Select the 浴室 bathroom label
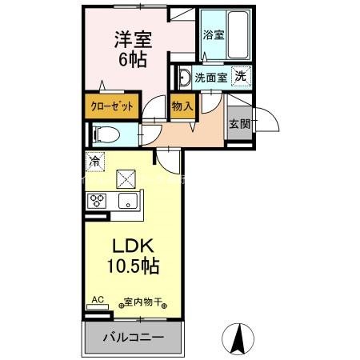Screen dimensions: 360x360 click(213, 35)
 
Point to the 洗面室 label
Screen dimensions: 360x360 click(211, 78)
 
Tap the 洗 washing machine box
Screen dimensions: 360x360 click(238, 77)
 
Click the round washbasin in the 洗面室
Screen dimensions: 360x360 click(182, 78)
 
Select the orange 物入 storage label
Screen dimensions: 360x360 click(182, 106)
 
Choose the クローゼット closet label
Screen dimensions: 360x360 click(112, 106)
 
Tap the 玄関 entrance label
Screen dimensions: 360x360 click(238, 125)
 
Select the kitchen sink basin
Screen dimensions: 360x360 click(126, 201)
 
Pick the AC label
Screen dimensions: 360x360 click(98, 300)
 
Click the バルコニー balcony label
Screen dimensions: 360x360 click(133, 338)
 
